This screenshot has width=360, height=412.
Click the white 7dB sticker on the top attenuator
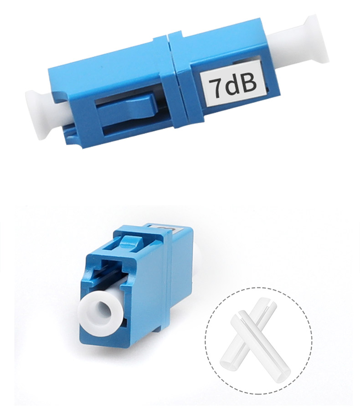click(231, 85)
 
